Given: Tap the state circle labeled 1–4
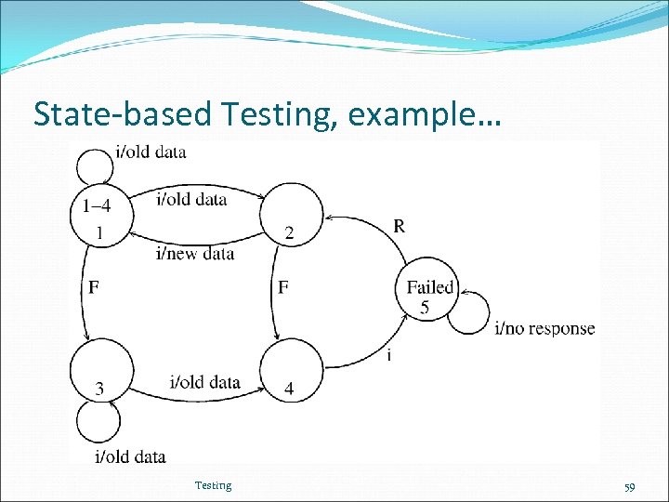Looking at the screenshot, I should (98, 213).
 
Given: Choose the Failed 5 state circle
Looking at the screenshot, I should (428, 292).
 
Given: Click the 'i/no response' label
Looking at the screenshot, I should (544, 328).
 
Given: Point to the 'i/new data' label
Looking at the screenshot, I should (195, 253).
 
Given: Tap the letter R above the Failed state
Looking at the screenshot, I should (399, 226).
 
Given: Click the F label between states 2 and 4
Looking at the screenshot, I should (283, 288).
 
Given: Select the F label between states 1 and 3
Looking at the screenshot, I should (93, 288).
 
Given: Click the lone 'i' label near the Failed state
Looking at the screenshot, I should (387, 354).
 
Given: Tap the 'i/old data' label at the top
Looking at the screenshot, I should (151, 152).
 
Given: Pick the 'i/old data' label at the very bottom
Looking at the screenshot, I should (130, 456).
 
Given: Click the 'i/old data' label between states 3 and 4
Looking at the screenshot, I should (205, 382).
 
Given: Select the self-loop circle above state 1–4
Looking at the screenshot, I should (96, 166).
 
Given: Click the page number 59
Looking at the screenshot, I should (629, 486).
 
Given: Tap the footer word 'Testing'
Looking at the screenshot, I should (213, 485).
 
